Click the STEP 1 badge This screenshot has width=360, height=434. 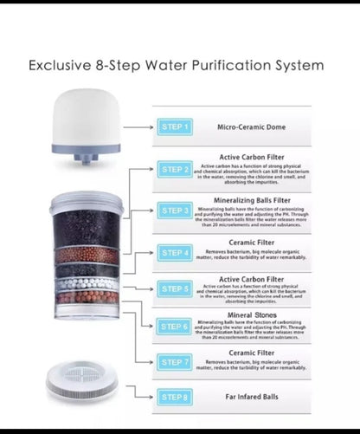[x=174, y=126]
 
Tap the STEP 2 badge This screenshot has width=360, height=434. [x=174, y=169]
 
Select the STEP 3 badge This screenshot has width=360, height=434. [x=174, y=211]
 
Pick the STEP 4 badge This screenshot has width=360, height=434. [x=174, y=253]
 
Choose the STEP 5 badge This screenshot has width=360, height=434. [x=174, y=288]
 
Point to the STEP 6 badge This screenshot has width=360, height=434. [x=174, y=327]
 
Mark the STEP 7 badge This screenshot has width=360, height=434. [x=174, y=362]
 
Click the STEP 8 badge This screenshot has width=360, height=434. [x=174, y=397]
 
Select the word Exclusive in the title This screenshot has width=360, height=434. [x=63, y=65]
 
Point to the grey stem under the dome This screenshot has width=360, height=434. [x=85, y=159]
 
